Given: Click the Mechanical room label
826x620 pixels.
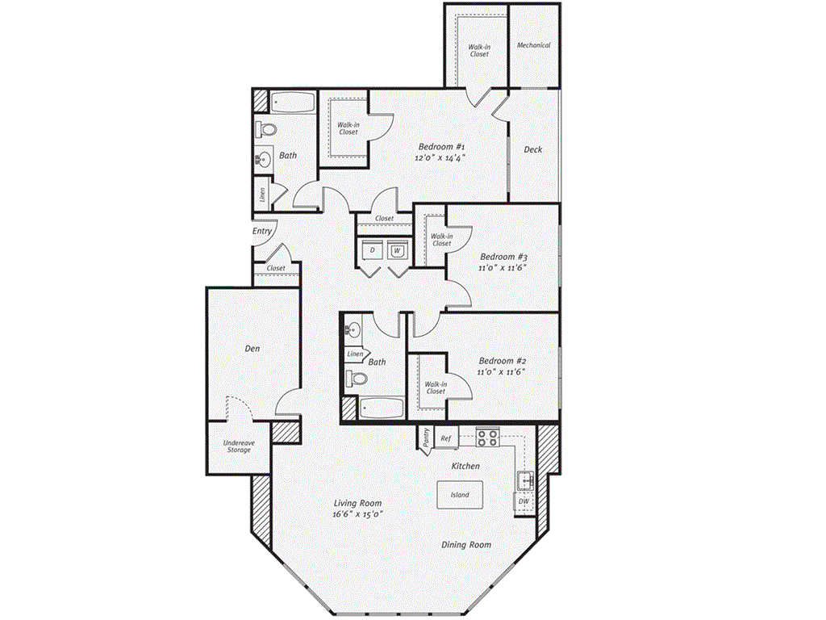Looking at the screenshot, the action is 533,45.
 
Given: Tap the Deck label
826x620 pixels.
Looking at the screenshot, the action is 532,149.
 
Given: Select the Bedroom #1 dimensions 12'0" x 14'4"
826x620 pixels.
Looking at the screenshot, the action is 440,157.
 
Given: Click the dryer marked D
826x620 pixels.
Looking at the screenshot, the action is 373,250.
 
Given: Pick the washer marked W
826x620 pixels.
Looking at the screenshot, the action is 397,250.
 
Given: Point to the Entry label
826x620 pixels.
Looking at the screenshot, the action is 262,232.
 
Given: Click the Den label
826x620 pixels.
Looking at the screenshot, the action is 252,349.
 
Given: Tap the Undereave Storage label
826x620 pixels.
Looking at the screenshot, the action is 239,446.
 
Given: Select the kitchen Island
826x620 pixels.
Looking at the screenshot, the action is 460,495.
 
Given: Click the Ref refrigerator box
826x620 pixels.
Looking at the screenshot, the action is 446,438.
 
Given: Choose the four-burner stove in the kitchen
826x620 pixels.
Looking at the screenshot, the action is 488,438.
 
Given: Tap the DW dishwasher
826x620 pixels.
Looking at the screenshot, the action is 524,501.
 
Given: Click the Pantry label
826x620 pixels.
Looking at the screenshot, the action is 426,438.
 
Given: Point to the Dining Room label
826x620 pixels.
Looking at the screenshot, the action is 466,545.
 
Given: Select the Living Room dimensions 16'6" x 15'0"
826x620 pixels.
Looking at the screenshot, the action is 357,514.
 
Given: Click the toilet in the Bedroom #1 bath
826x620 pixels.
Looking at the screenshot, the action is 266,128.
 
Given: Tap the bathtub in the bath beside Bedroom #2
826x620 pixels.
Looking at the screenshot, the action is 382,408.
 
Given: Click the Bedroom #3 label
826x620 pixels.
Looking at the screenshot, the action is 503,257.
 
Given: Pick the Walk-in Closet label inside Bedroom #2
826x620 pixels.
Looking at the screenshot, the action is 436,388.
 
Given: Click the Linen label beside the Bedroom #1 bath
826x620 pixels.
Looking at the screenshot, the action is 262,195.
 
